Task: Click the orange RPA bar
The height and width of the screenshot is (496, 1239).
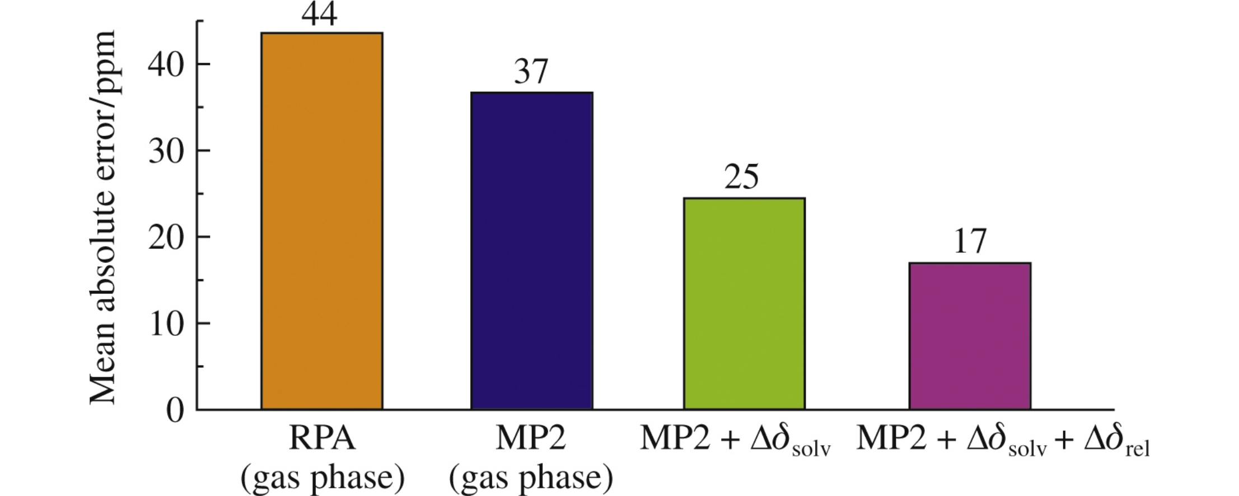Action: pos(322,221)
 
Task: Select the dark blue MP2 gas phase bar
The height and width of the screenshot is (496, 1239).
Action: pos(531,251)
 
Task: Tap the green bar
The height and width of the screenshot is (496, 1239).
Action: pos(744,303)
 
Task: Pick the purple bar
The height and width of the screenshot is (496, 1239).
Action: pos(970,336)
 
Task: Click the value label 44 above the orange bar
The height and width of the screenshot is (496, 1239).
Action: pos(319,15)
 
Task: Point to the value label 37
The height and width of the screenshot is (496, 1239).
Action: pos(531,72)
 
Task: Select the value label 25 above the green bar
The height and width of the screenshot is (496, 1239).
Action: pos(742,178)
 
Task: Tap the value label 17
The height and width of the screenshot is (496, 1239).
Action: pos(969,242)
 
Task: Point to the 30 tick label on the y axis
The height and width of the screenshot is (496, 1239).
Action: pos(166,152)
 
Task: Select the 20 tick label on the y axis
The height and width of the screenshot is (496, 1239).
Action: pos(166,239)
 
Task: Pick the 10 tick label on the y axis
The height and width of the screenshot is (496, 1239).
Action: pos(166,325)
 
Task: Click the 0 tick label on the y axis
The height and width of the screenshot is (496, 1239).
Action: pos(175,411)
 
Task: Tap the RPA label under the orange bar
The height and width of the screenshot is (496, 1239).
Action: pos(322,439)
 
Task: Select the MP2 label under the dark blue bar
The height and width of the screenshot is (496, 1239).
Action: pos(531,439)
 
